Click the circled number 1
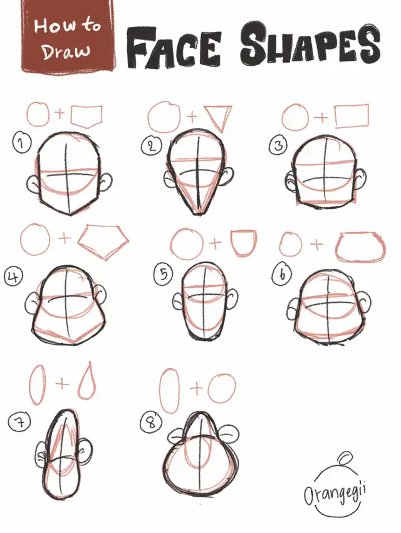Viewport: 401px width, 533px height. [x=22, y=144]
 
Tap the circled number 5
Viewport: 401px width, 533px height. [x=164, y=274]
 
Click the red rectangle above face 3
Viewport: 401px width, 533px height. [x=352, y=116]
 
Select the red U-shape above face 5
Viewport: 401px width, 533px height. [x=244, y=244]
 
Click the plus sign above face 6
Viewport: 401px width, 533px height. [x=316, y=244]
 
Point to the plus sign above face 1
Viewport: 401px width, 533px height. [x=59, y=113]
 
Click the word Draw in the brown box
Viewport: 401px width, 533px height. [x=66, y=51]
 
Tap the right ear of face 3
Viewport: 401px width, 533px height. [x=360, y=179]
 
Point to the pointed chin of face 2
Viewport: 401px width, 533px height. [x=197, y=213]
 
